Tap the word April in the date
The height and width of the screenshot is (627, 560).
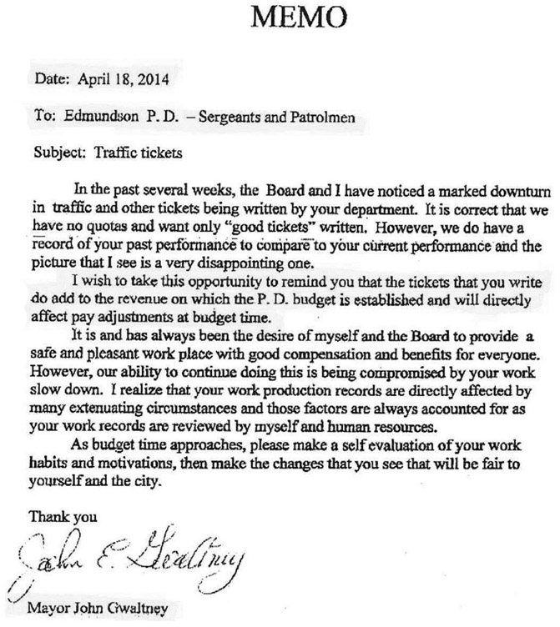94,82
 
